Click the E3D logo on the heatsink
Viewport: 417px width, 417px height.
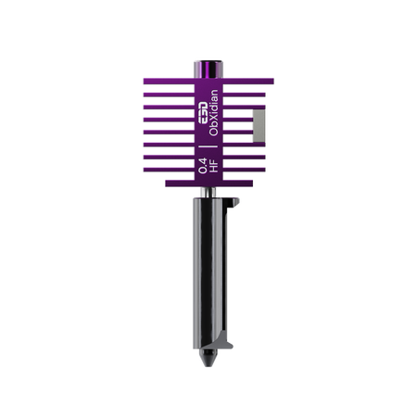(x=203, y=113)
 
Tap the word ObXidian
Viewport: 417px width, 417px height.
(x=213, y=113)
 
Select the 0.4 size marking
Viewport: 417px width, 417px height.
(x=203, y=166)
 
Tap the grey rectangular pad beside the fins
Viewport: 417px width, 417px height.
(x=259, y=126)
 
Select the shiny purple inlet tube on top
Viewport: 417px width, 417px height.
(x=208, y=69)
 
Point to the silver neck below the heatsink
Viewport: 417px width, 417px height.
(x=208, y=192)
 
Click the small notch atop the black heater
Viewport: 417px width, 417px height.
(x=233, y=203)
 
